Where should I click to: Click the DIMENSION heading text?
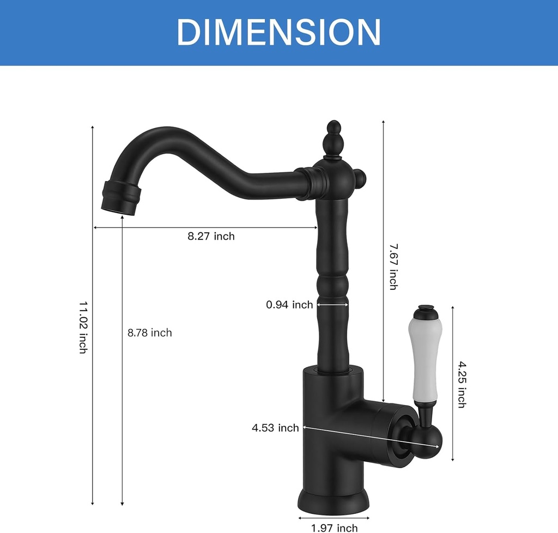pyautogui.click(x=278, y=32)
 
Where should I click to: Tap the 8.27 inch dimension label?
pyautogui.click(x=211, y=237)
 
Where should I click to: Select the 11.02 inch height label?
pyautogui.click(x=83, y=327)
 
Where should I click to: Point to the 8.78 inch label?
pyautogui.click(x=149, y=333)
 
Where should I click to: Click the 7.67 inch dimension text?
pyautogui.click(x=393, y=266)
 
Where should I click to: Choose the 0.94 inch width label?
pyautogui.click(x=289, y=305)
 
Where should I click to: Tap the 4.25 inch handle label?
pyautogui.click(x=461, y=384)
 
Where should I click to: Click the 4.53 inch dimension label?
pyautogui.click(x=275, y=428)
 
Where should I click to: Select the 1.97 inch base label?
pyautogui.click(x=334, y=527)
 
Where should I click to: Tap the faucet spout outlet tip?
pyautogui.click(x=122, y=199)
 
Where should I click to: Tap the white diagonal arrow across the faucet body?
pyautogui.click(x=371, y=437)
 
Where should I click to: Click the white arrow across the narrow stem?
pyautogui.click(x=332, y=305)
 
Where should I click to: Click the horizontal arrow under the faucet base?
pyautogui.click(x=333, y=517)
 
